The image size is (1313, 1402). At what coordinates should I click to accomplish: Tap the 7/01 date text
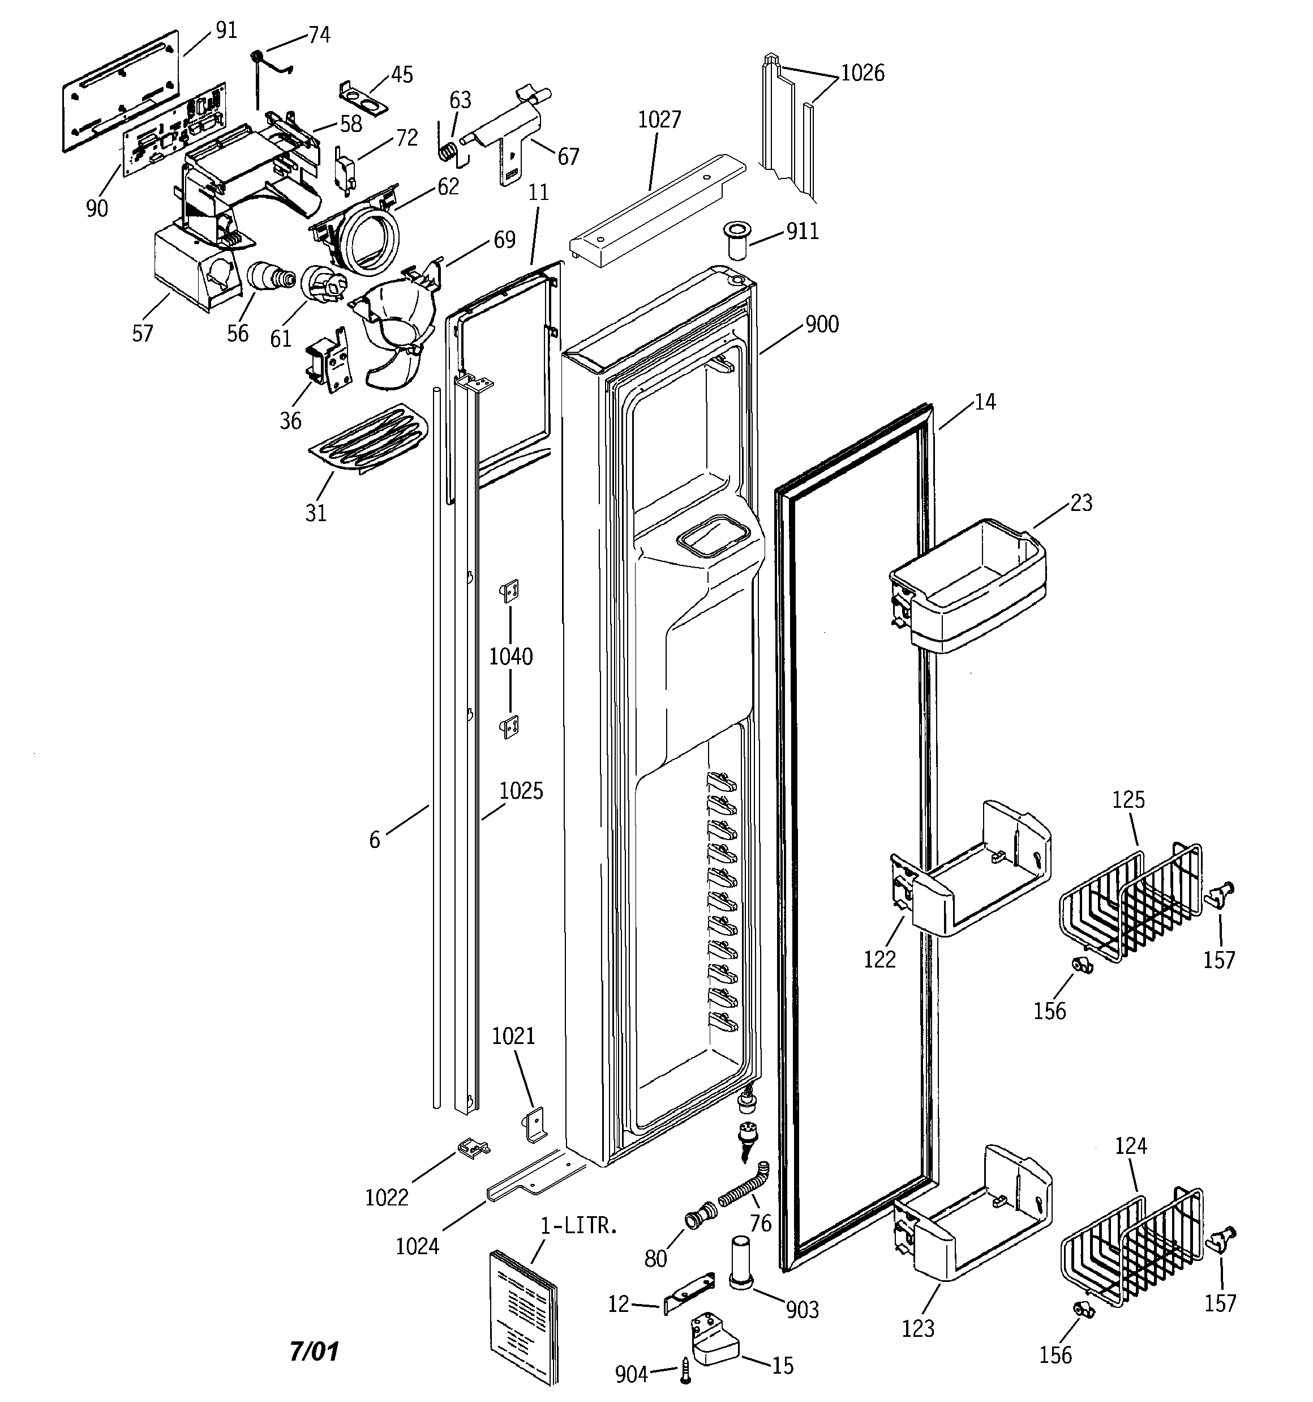[x=314, y=1351]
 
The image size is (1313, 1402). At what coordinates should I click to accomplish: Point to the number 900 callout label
[x=822, y=325]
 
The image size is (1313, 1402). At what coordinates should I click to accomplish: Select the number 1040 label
[x=511, y=657]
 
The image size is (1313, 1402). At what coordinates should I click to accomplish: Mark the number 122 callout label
[x=879, y=960]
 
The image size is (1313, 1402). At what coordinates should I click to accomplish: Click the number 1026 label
[x=863, y=73]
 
